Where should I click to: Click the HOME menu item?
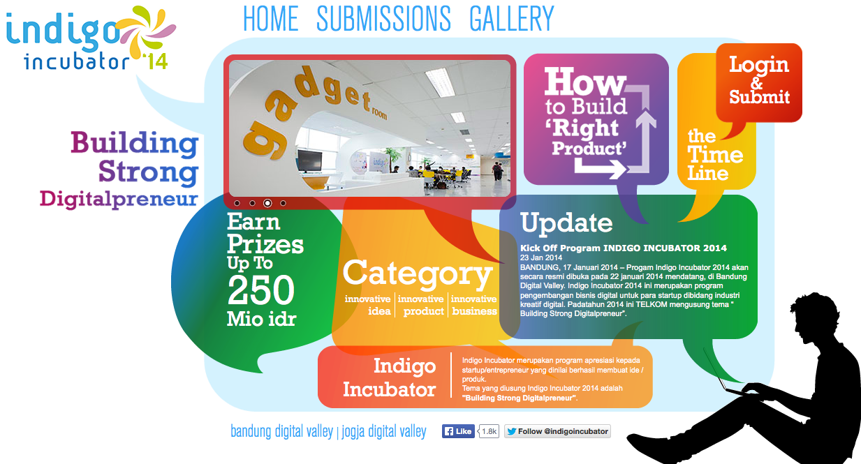tap(271, 18)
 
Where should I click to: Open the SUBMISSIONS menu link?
tap(383, 18)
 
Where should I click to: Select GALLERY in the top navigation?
tap(512, 18)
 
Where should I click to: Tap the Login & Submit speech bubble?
tap(759, 82)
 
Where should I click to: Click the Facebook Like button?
tap(458, 431)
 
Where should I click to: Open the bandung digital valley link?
tap(281, 432)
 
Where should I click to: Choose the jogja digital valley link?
tap(383, 432)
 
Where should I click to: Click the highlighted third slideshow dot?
tap(267, 203)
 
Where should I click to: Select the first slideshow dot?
tap(237, 203)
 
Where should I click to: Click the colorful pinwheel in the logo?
tap(145, 33)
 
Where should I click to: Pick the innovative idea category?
tap(368, 305)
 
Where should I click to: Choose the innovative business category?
tap(474, 305)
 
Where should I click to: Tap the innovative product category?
tap(421, 305)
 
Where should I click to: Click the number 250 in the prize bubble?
tap(261, 290)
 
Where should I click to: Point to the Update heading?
tap(566, 223)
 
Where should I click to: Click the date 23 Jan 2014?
tap(541, 257)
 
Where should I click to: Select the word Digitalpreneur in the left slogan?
tap(119, 200)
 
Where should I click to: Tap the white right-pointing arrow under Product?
tap(601, 168)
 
